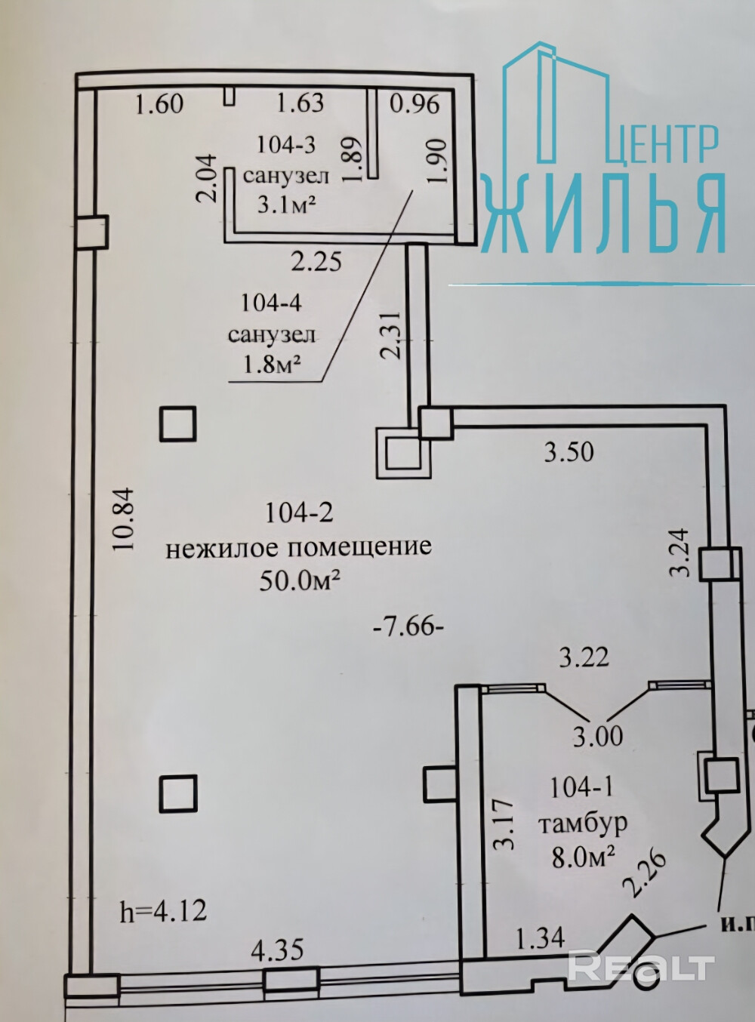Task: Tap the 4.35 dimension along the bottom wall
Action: point(279,949)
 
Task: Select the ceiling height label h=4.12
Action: point(163,911)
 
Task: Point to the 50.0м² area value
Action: point(299,580)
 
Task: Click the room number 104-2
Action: point(299,513)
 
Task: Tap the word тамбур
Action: point(582,822)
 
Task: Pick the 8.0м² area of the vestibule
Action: point(582,857)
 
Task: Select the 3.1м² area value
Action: point(286,204)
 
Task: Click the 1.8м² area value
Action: point(271,365)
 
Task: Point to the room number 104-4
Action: point(271,303)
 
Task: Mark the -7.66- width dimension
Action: point(408,626)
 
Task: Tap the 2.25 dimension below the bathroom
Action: point(316,261)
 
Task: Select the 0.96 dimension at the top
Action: point(414,103)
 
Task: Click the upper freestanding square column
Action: point(178,423)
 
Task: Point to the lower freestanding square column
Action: point(178,793)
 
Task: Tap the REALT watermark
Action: point(641,968)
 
